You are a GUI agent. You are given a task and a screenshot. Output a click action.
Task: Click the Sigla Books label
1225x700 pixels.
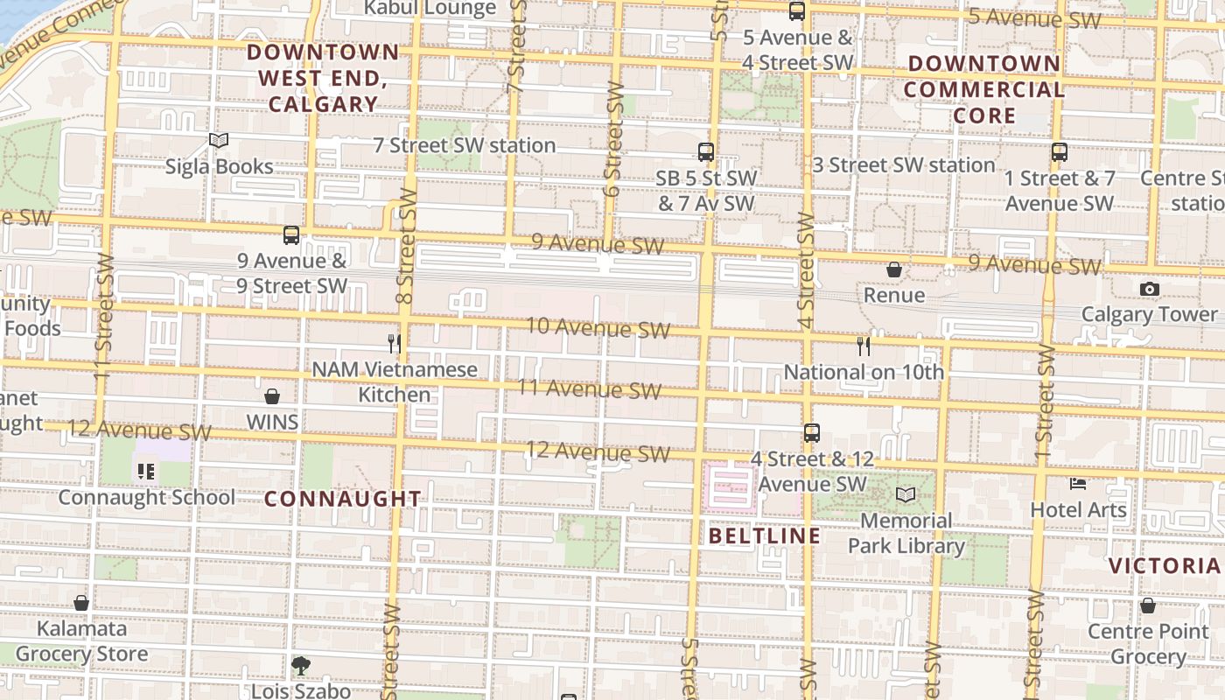(x=219, y=166)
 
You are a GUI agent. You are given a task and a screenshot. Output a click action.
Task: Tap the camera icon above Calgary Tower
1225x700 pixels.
(x=1150, y=289)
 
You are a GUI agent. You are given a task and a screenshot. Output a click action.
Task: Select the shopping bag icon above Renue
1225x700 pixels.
(x=894, y=269)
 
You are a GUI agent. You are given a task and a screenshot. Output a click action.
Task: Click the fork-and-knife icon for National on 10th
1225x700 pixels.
(x=864, y=346)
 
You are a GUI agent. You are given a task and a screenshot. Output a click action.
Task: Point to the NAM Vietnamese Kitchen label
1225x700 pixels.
(x=395, y=382)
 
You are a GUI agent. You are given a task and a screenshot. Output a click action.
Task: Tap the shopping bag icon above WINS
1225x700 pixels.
(x=272, y=396)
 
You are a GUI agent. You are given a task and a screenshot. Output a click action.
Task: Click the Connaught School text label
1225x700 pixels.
(x=146, y=497)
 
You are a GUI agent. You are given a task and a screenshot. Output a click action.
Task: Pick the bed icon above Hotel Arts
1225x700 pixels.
(x=1078, y=483)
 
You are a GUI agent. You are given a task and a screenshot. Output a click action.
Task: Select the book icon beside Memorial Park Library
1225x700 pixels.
(x=906, y=495)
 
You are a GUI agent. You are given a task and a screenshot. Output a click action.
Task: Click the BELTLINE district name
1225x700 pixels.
(x=765, y=535)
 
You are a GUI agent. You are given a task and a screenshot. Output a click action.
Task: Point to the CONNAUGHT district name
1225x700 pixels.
(x=343, y=499)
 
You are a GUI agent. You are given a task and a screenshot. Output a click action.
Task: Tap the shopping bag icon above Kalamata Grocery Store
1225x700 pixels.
(x=81, y=603)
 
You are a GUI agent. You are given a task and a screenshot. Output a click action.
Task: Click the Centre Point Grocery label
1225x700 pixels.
(x=1148, y=644)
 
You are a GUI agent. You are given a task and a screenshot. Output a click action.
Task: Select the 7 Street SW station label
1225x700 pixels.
(x=465, y=145)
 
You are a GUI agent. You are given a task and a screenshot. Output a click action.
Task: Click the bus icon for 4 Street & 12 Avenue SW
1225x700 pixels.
(x=812, y=432)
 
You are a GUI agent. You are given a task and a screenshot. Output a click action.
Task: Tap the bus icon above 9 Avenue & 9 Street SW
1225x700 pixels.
(x=291, y=234)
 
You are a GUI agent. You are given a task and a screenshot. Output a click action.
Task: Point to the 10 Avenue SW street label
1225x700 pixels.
(x=598, y=328)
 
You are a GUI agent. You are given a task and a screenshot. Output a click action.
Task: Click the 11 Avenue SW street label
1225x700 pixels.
(x=589, y=388)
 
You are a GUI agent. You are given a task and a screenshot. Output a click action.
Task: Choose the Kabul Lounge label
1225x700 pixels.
(x=430, y=9)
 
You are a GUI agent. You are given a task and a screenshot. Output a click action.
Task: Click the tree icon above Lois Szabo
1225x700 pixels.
(x=301, y=666)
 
